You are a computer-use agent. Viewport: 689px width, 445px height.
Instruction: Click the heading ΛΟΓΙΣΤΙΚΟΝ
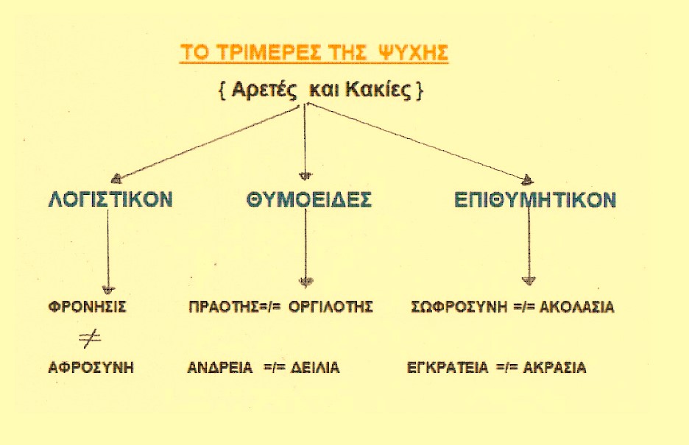pos(110,199)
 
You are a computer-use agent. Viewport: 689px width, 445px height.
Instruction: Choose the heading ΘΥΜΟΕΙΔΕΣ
pos(309,199)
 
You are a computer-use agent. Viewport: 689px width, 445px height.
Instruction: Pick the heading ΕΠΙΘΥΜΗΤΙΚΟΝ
pos(535,199)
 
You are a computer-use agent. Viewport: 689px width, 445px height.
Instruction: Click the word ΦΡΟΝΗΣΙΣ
pos(87,306)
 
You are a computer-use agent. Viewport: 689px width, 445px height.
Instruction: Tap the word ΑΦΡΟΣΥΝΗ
pos(91,367)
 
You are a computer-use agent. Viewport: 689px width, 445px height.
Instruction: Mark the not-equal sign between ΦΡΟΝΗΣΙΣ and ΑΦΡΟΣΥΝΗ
pos(90,338)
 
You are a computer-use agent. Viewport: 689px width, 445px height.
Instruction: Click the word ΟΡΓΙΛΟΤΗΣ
pos(331,306)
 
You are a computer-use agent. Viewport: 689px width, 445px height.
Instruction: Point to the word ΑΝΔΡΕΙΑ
pos(220,367)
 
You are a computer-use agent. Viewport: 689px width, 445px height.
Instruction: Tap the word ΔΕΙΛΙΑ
pos(315,367)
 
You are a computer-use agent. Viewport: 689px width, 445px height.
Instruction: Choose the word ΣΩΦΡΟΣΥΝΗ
pos(459,306)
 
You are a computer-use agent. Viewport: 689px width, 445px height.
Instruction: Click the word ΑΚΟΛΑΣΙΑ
pos(576,306)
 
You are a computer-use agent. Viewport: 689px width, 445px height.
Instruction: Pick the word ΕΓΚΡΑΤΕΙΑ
pos(448,367)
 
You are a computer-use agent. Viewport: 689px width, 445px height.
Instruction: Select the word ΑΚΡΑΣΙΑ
pos(554,367)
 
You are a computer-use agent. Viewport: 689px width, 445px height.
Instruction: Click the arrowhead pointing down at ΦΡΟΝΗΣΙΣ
pos(108,290)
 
